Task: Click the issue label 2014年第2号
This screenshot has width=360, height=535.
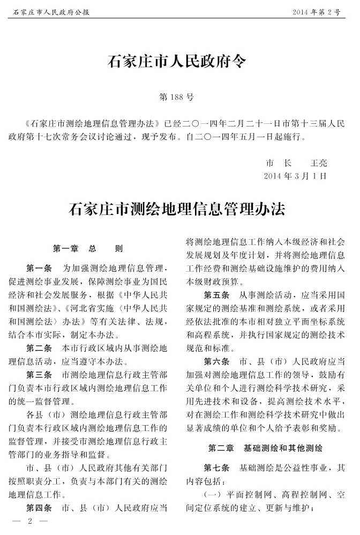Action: pyautogui.click(x=316, y=11)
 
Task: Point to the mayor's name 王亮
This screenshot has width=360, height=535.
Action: pyautogui.click(x=319, y=163)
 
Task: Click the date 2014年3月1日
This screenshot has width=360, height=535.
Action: pyautogui.click(x=295, y=176)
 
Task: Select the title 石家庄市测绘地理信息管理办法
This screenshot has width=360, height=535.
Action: pyautogui.click(x=177, y=209)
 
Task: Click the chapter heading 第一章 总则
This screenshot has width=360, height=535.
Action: pyautogui.click(x=88, y=249)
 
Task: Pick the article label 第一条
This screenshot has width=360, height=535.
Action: pyautogui.click(x=39, y=267)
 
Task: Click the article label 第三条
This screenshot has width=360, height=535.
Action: pyautogui.click(x=39, y=375)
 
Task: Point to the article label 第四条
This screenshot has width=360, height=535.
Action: pyautogui.click(x=39, y=508)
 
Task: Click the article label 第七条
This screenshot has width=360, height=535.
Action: pyautogui.click(x=216, y=467)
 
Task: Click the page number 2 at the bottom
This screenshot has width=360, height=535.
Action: pyautogui.click(x=31, y=521)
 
